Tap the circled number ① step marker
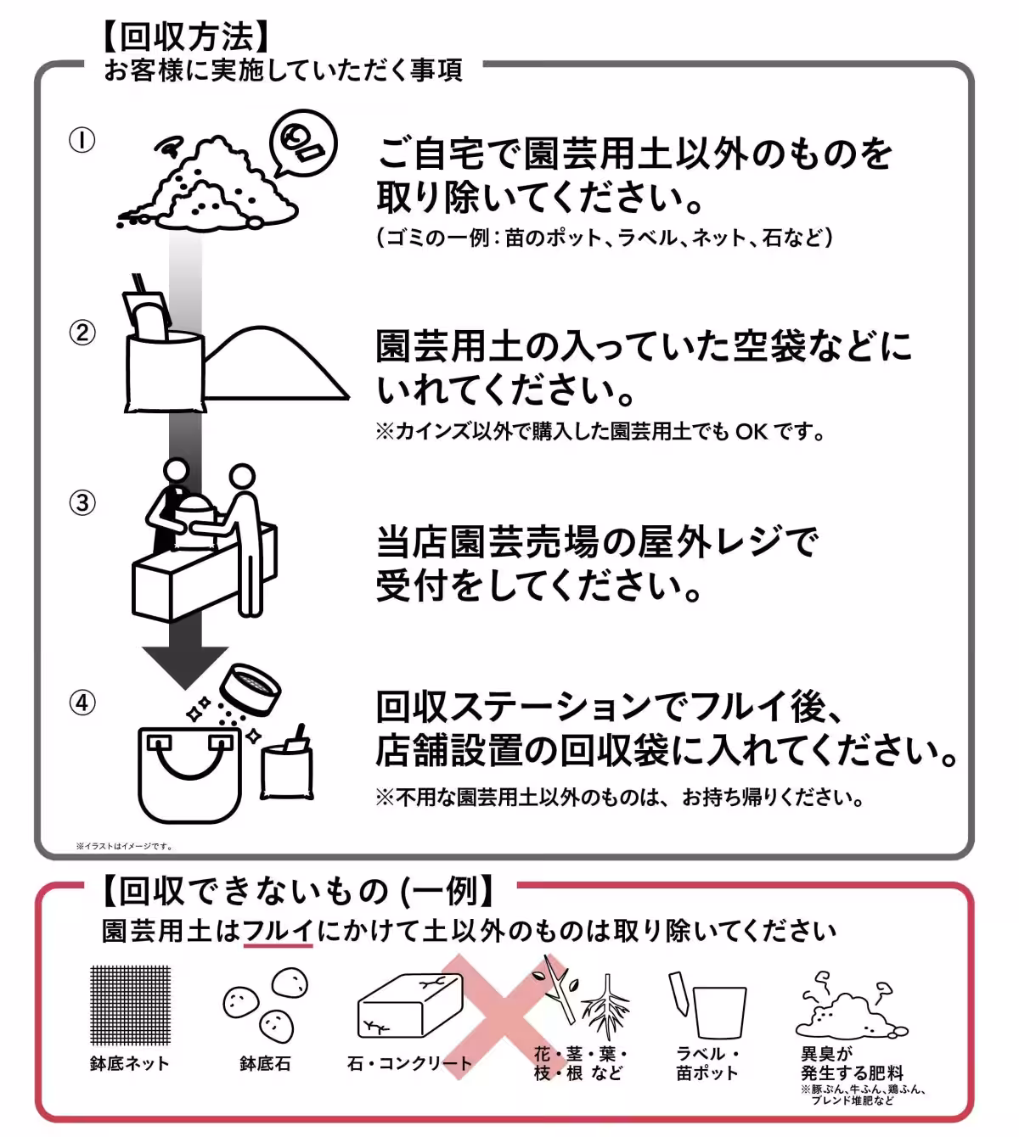82,140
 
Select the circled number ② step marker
82,332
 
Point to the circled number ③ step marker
82,502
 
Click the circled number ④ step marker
82,703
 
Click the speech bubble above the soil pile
302,145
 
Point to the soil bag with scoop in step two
161,356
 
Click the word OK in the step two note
751,432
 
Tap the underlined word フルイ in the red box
278,931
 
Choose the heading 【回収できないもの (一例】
297,891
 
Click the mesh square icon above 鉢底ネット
130,1005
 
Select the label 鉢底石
265,1064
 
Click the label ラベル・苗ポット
707,1064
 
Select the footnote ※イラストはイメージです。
124,846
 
